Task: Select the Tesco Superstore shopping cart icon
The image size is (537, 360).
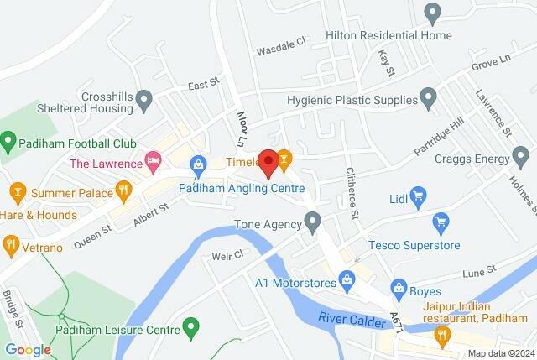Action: pyautogui.click(x=440, y=223)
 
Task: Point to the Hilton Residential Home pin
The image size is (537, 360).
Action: pyautogui.click(x=433, y=13)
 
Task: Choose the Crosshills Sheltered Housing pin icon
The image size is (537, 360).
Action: pyautogui.click(x=144, y=101)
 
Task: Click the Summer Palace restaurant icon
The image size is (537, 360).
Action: pyautogui.click(x=123, y=190)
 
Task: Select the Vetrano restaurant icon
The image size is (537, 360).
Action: pyautogui.click(x=10, y=245)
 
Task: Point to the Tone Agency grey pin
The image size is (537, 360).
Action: pyautogui.click(x=313, y=222)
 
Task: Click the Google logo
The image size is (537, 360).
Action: pyautogui.click(x=29, y=350)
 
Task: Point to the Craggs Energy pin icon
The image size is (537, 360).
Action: pyautogui.click(x=521, y=156)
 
